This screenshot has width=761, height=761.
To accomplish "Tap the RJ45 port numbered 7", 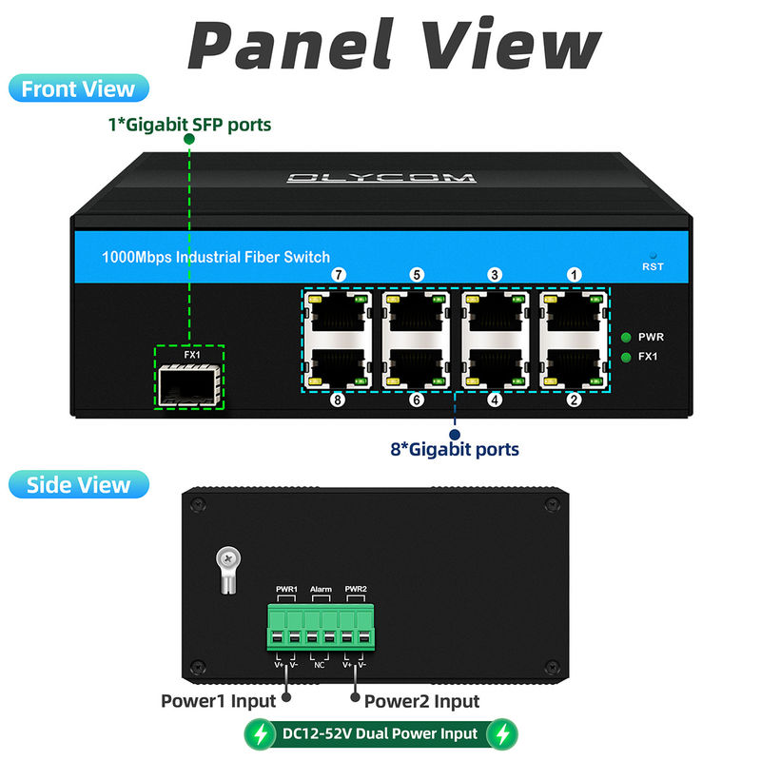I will pos(338,312).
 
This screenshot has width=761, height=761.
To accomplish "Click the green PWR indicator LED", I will pos(626,337).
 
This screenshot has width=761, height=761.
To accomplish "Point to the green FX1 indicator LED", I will pos(626,357).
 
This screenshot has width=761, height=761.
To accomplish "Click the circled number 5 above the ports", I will pos(417,275).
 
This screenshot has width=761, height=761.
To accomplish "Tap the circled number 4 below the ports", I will pos(495,400).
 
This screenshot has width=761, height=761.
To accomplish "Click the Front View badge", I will pos(79,89).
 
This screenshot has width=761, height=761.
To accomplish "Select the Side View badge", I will pos(78,484).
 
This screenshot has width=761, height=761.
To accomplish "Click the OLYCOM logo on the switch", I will pos(380,177).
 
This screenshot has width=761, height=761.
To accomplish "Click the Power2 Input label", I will pos(421,701).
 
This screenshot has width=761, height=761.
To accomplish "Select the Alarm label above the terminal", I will pos(321,590).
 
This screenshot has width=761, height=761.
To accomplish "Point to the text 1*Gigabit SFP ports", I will pos(188,124).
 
